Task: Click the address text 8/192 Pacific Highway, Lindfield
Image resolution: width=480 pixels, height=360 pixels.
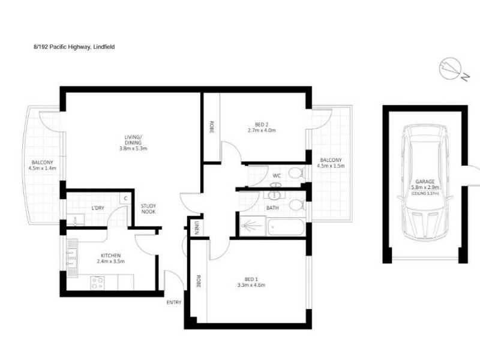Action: coord(74,47)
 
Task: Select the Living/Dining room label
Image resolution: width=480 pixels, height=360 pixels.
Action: coord(133,143)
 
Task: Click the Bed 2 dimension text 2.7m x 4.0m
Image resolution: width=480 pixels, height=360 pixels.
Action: coord(262,130)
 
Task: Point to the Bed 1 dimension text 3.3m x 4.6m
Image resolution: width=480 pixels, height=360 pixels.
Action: coord(251,285)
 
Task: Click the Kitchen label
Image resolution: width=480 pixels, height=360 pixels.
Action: coord(111,256)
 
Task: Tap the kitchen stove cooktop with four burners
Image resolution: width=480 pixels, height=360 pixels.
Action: coord(97,283)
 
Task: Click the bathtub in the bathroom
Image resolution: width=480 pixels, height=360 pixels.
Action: coord(286,227)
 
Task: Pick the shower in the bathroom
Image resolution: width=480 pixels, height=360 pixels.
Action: coord(253,226)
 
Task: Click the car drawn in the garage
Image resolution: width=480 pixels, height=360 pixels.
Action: coord(425,182)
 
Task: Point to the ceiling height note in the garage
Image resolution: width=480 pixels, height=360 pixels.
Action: coord(425,194)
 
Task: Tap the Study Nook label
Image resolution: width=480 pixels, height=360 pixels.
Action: coord(148,209)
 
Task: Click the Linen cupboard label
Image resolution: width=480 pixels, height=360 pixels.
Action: coord(196,227)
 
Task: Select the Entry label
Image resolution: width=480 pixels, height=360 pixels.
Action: coord(174,302)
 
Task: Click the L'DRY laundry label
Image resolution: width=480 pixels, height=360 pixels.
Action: coord(98,208)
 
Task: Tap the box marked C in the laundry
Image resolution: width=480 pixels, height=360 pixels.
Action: coord(125,199)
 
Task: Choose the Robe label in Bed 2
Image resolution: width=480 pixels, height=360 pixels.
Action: coord(212,127)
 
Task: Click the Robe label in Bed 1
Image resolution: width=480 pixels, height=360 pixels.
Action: coord(198,281)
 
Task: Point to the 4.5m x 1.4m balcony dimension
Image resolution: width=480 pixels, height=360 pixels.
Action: coord(42,168)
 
